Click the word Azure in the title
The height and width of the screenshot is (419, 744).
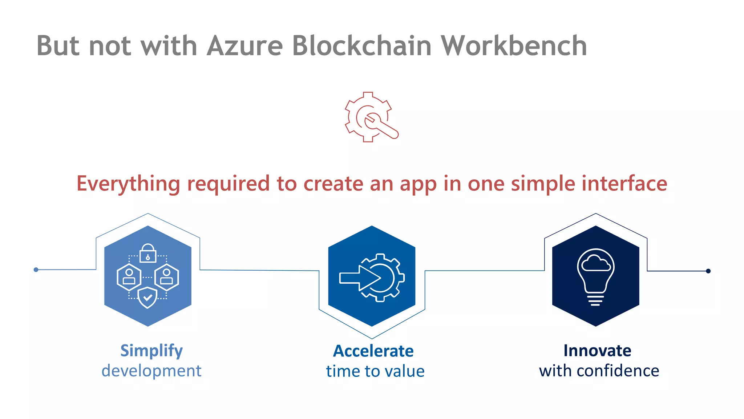pyautogui.click(x=245, y=46)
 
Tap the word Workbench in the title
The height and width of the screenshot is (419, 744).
pyautogui.click(x=514, y=46)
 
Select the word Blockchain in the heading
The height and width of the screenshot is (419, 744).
pyautogui.click(x=361, y=46)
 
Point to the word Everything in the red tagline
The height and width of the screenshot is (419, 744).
pyautogui.click(x=128, y=184)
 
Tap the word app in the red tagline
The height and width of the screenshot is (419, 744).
pyautogui.click(x=418, y=184)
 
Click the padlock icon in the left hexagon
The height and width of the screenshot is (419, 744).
pyautogui.click(x=148, y=253)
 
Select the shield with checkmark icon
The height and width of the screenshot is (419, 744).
pyautogui.click(x=147, y=297)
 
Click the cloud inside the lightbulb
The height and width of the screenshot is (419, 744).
pyautogui.click(x=596, y=263)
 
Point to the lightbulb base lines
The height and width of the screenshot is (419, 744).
pyautogui.click(x=595, y=300)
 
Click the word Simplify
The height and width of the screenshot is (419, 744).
pyautogui.click(x=151, y=351)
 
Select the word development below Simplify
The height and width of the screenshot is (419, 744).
pyautogui.click(x=151, y=371)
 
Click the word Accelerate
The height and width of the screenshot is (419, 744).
pyautogui.click(x=373, y=351)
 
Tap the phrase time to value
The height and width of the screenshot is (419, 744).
pyautogui.click(x=375, y=371)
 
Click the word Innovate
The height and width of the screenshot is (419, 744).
pyautogui.click(x=597, y=351)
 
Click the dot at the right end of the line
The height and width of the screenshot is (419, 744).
pyautogui.click(x=708, y=271)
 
